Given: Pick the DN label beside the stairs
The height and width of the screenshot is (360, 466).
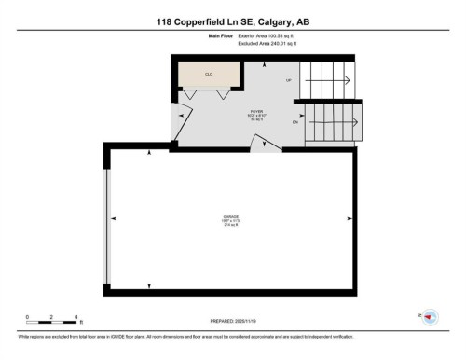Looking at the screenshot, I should (x=295, y=121).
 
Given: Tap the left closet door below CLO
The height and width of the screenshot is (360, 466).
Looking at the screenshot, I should (x=190, y=94).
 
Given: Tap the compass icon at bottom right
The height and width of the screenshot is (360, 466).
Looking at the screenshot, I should (x=430, y=317).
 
